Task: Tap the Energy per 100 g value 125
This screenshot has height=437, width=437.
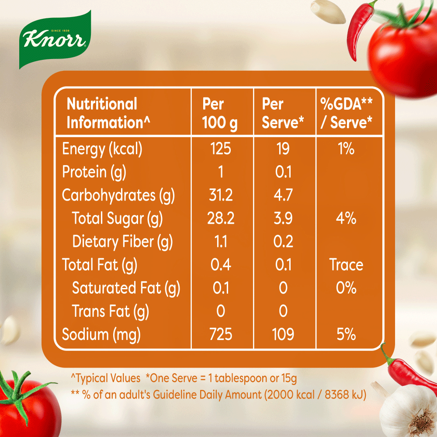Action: pyautogui.click(x=220, y=149)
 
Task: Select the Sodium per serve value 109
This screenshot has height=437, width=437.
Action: pyautogui.click(x=283, y=335)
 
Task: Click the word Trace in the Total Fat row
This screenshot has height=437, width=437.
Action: pyautogui.click(x=346, y=265)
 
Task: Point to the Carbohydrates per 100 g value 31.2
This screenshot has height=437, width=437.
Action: pyautogui.click(x=220, y=195)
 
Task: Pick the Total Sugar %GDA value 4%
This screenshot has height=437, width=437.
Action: pyautogui.click(x=346, y=218)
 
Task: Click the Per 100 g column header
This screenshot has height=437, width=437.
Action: pyautogui.click(x=220, y=113)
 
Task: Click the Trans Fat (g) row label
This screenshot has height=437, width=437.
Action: pyautogui.click(x=110, y=312)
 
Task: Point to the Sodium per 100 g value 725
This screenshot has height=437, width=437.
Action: pyautogui.click(x=220, y=335)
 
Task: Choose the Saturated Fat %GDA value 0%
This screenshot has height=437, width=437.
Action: pyautogui.click(x=346, y=288)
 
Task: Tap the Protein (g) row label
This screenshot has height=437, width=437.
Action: pyautogui.click(x=94, y=172)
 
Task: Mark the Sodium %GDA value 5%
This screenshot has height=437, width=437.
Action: pyautogui.click(x=346, y=335)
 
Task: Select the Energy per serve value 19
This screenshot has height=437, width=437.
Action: pyautogui.click(x=283, y=149)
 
